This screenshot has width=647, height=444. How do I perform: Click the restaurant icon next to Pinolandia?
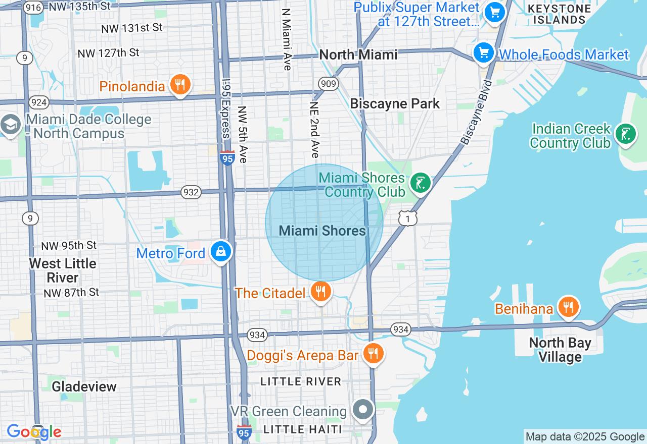pos(180,85)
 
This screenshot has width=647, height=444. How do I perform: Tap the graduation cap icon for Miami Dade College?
pos(10,125)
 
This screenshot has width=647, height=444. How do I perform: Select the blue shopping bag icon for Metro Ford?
pos(221,251)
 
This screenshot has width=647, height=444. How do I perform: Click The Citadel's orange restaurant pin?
pos(320,292)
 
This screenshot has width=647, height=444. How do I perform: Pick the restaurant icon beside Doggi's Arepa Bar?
pos(373,354)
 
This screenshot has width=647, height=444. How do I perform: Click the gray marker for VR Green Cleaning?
pos(363,410)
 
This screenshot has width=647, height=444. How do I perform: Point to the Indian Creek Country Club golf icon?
pos(626,134)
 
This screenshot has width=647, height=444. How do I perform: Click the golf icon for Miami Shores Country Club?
pos(420,183)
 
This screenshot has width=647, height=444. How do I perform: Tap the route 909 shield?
pos(328,83)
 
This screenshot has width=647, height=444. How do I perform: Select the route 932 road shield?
pos(192,192)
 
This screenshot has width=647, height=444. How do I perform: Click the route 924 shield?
pos(39,103)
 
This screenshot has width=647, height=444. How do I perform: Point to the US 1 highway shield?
pos(407,218)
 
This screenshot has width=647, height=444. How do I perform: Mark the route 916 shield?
pos(33,7)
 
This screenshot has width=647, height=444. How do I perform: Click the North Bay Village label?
pos(560,350)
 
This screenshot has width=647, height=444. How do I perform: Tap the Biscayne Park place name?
pos(395,104)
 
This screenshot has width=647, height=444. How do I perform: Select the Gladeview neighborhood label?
pos(84,386)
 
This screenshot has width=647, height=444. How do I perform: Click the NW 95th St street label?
pos(69,246)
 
